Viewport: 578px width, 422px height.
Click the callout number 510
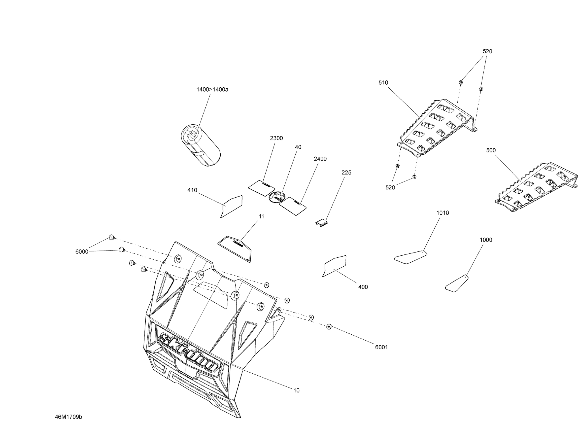(383, 83)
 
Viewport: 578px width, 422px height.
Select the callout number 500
(491, 150)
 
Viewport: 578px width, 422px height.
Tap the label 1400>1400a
(212, 90)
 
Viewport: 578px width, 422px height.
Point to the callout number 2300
(276, 138)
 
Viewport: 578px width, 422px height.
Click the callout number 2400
(320, 159)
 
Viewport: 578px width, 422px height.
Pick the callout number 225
(346, 173)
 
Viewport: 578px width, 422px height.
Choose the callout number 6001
(381, 347)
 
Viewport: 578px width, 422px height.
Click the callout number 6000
(82, 252)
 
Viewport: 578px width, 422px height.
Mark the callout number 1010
(443, 213)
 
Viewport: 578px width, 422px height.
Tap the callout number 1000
(486, 240)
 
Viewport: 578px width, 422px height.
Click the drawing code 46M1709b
(68, 417)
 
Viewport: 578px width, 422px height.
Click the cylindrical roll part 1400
(201, 145)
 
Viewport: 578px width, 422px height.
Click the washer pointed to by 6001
(329, 326)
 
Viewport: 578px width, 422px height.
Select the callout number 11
(261, 217)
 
